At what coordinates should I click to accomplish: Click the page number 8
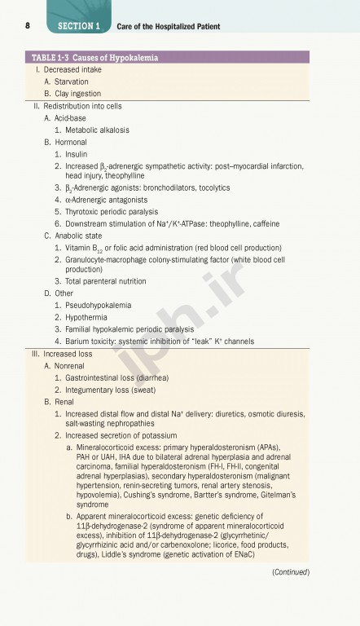pos(29,26)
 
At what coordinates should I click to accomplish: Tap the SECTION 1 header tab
pos(79,26)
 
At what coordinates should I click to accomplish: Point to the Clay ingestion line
pos(78,94)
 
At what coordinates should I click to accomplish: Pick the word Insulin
pos(77,153)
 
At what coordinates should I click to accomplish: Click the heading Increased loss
pos(62,354)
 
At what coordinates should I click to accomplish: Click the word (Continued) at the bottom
pos(291,572)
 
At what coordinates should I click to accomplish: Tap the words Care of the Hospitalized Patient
pos(169,26)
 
